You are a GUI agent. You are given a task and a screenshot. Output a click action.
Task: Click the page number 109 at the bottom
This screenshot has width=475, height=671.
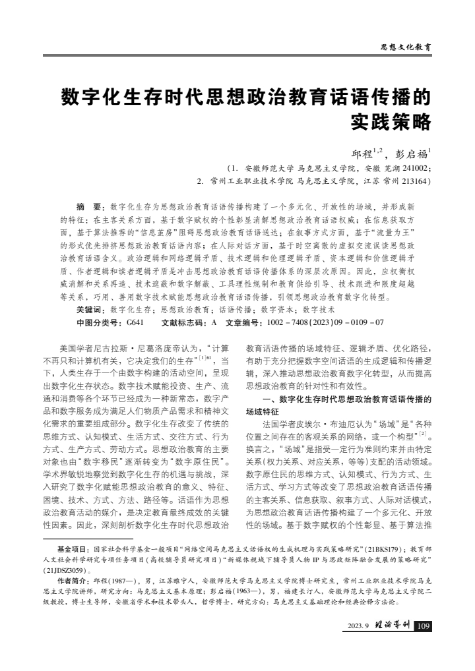[x=423, y=626]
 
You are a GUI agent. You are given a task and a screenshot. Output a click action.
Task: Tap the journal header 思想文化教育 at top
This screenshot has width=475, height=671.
[x=406, y=47]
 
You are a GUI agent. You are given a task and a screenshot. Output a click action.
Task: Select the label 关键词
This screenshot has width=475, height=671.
[x=91, y=308]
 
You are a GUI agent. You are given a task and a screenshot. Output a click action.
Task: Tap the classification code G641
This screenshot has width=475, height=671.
[x=135, y=322]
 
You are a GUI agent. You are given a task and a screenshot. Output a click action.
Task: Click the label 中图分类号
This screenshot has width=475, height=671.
[x=100, y=322]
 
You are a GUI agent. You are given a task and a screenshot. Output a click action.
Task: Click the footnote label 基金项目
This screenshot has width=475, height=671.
[x=73, y=548]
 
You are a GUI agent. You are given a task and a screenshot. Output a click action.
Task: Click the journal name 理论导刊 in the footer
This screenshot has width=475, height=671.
[x=392, y=626]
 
